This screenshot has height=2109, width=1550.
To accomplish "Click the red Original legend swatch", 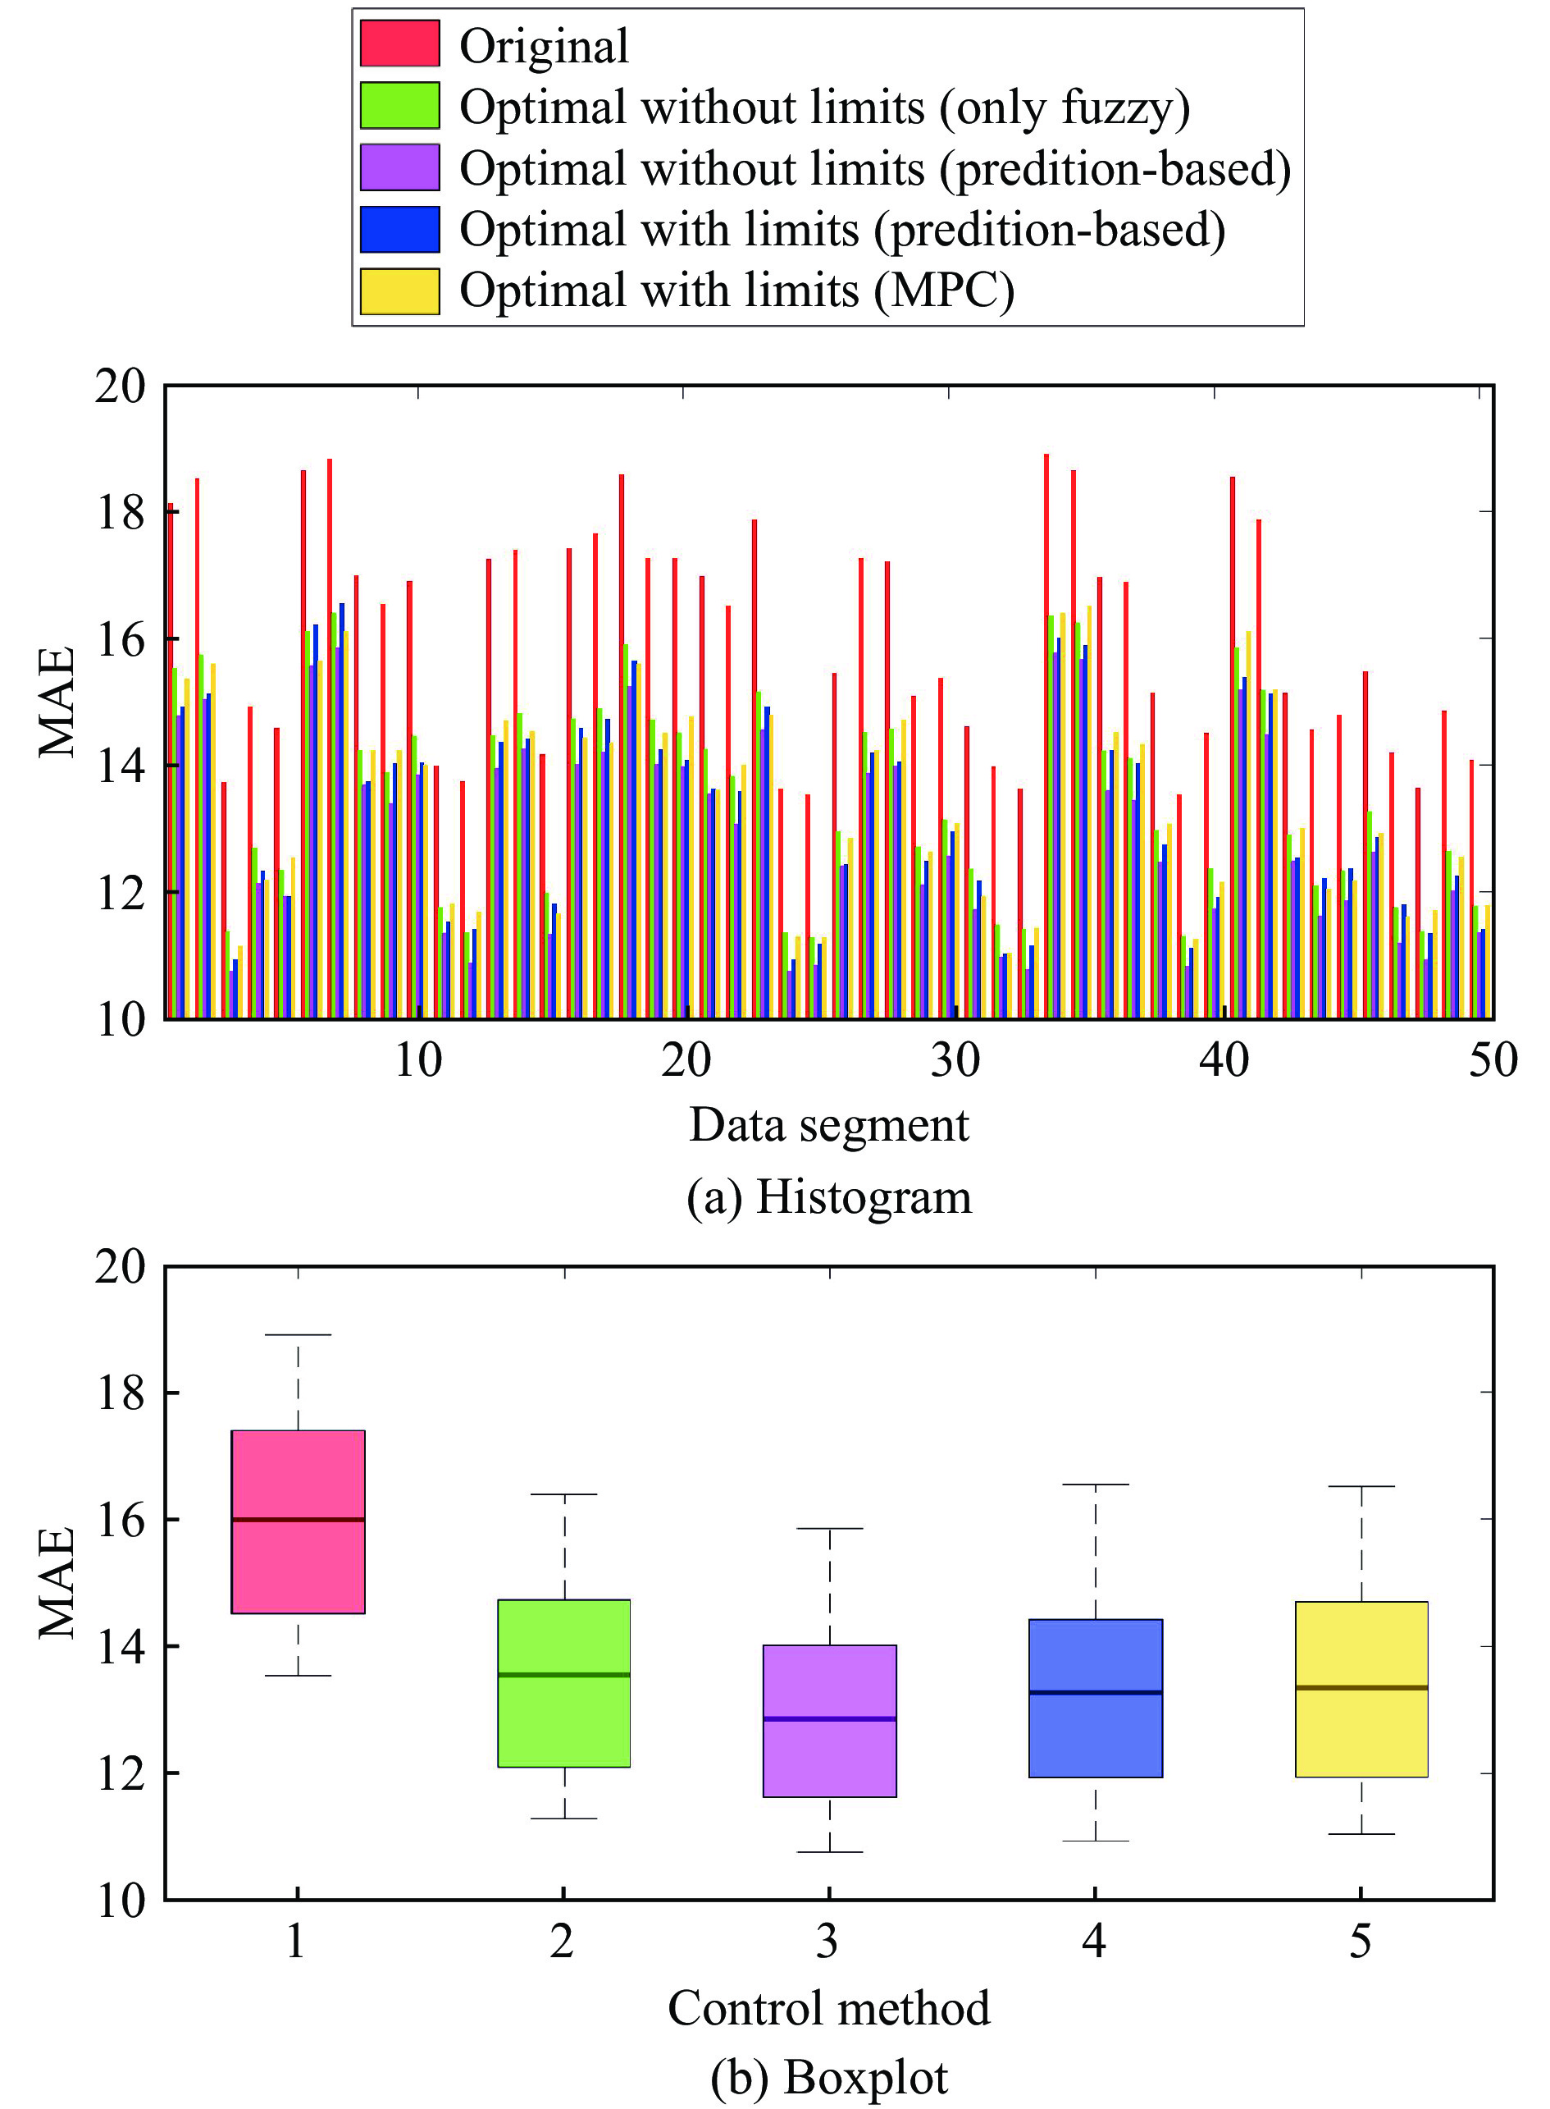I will click(399, 44).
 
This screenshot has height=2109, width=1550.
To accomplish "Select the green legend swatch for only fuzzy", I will click(399, 105).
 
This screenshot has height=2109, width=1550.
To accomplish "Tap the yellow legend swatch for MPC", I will click(399, 291).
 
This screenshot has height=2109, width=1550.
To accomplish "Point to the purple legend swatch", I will click(399, 167).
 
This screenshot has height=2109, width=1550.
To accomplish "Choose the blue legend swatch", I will click(399, 229).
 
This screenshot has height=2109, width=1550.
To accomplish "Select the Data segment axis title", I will click(828, 1125).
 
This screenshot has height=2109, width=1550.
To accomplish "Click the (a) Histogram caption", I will click(828, 1197).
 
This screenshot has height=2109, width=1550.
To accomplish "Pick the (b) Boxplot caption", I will click(828, 2077).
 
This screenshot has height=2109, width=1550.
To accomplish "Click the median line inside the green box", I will click(564, 1674).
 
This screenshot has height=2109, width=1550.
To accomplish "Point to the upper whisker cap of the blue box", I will click(1096, 1485).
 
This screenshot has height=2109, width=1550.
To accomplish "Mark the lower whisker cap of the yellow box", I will click(1361, 1834).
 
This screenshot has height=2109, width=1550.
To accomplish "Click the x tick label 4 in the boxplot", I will click(1094, 1941).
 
